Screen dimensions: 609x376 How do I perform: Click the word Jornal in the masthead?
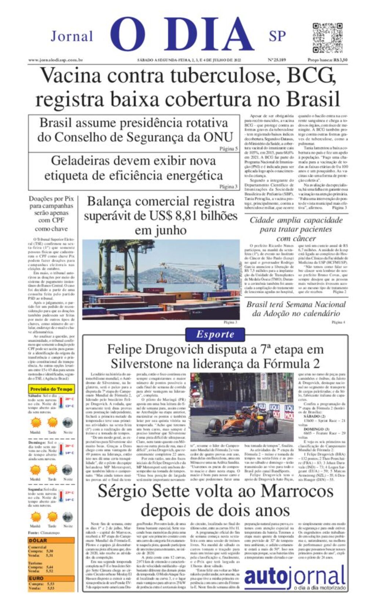pyautogui.click(x=72, y=36)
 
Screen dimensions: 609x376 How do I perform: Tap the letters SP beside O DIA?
pyautogui.click(x=277, y=36)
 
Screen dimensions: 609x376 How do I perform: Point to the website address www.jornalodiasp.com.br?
pyautogui.click(x=55, y=60)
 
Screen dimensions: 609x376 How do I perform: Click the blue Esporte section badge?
pyautogui.click(x=215, y=334)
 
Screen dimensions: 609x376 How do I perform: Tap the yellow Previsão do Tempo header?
pyautogui.click(x=51, y=389)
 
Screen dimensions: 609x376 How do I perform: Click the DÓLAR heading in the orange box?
pyautogui.click(x=38, y=540)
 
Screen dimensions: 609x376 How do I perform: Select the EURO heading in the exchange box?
pyautogui.click(x=36, y=578)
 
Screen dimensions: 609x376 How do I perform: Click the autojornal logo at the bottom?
pyautogui.click(x=295, y=578)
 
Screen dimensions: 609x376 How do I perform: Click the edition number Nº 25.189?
pyautogui.click(x=277, y=60)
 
